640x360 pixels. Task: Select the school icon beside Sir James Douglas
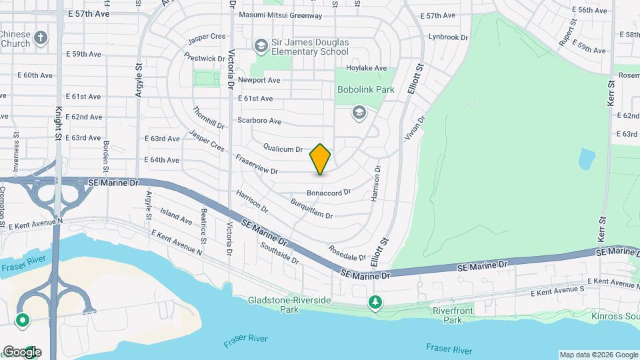click(x=260, y=45)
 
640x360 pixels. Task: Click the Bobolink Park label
click(x=365, y=89)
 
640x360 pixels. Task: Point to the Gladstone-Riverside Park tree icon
click(x=375, y=303)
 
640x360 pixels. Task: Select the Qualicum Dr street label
click(x=283, y=149)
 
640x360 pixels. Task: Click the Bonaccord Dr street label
click(x=329, y=193)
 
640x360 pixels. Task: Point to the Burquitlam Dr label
click(x=311, y=209)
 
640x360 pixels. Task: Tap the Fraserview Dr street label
click(x=256, y=166)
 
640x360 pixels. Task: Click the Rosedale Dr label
click(x=347, y=253)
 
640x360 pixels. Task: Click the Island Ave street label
click(x=176, y=215)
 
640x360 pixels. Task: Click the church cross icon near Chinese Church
click(x=41, y=37)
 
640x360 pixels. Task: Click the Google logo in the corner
click(x=21, y=352)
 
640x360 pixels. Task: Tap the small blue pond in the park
click(x=587, y=159)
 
